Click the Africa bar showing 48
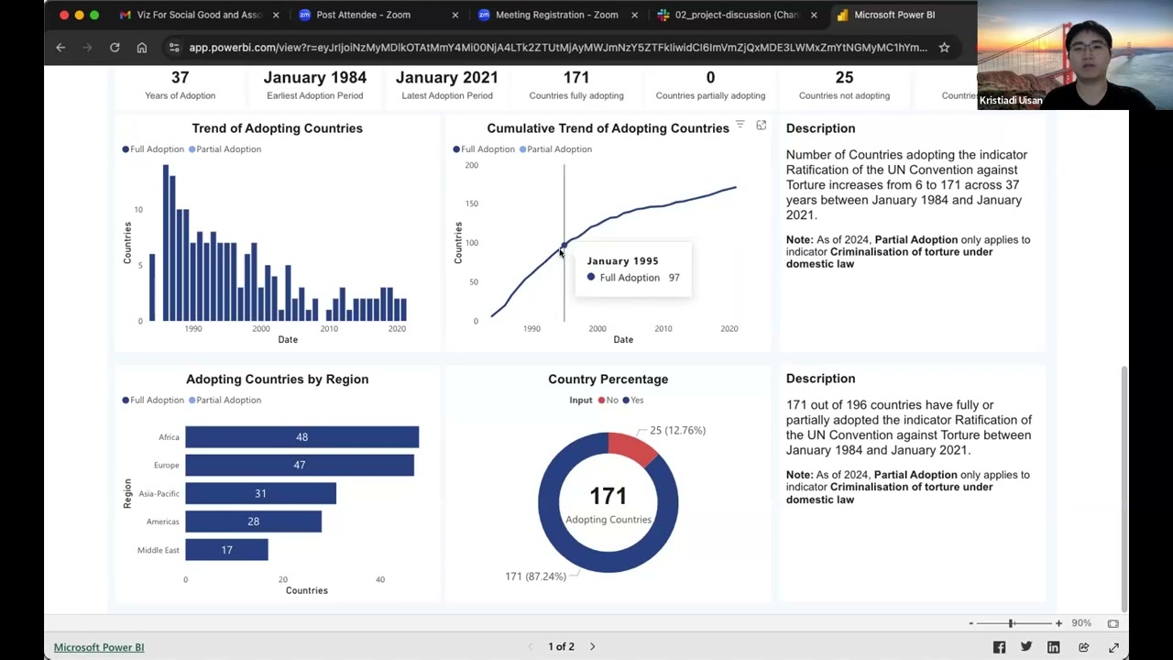coord(301,437)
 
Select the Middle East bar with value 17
coord(226,550)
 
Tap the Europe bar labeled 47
coord(299,466)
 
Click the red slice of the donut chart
coord(631,447)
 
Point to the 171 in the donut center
coord(608,496)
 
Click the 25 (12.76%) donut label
coord(677,430)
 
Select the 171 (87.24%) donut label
coord(535,577)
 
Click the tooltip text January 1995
coord(622,261)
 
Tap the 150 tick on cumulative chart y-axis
coord(471,203)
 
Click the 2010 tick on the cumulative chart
coord(663,328)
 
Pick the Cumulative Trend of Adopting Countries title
coord(608,128)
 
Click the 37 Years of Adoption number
coord(180,78)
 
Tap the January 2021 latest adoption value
coord(446,78)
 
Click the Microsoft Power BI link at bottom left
coord(99,647)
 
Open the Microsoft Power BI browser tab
coord(893,15)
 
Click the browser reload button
coord(115,48)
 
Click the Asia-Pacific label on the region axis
coord(159,494)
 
